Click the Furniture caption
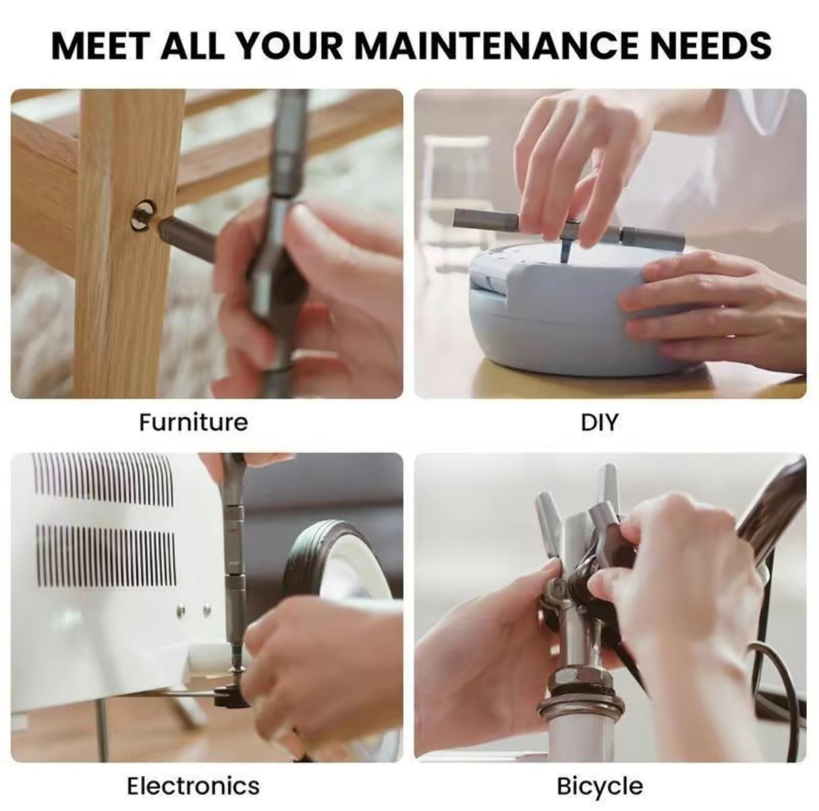[194, 423]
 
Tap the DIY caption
[599, 423]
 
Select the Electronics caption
[194, 786]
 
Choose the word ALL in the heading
[199, 44]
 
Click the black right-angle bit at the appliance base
[224, 696]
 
